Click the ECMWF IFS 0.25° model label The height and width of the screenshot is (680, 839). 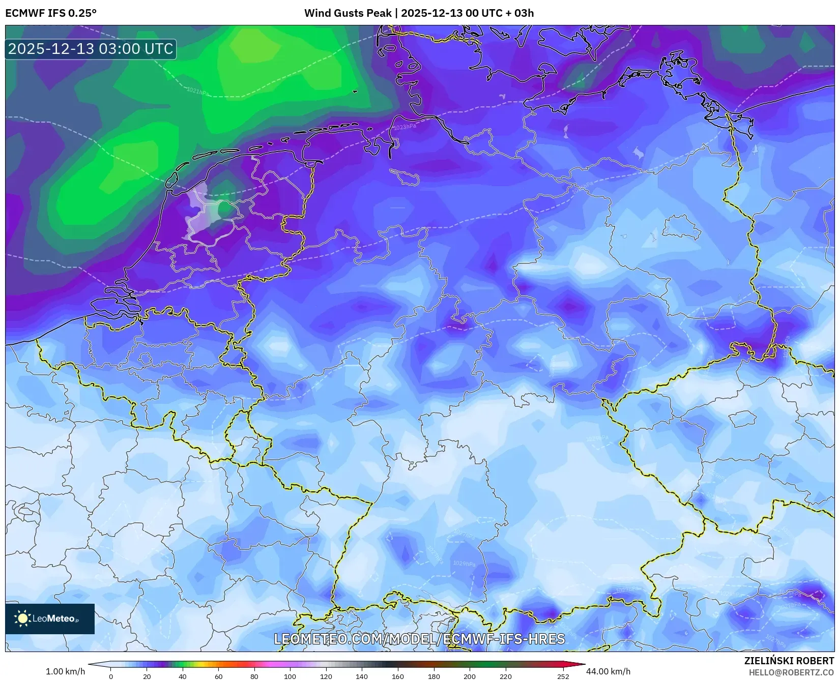click(x=50, y=13)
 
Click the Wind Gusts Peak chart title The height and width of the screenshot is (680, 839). click(x=419, y=13)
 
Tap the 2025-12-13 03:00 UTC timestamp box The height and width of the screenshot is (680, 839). click(x=91, y=49)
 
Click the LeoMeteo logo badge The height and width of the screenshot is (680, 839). click(x=50, y=618)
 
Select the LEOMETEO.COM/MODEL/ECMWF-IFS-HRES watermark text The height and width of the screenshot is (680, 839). click(x=419, y=639)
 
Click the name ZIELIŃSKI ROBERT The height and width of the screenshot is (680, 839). click(x=789, y=661)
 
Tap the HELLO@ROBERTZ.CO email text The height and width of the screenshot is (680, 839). click(x=791, y=672)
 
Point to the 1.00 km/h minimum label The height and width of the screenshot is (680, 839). click(x=65, y=671)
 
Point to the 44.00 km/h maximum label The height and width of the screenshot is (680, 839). click(x=608, y=671)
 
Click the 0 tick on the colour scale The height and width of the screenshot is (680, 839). click(x=111, y=676)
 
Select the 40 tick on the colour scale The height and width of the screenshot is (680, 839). click(x=183, y=676)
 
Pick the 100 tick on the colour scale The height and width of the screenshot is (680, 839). click(x=290, y=676)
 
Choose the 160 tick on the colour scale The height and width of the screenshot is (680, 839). click(x=398, y=676)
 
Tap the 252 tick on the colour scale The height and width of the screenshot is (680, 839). click(x=563, y=676)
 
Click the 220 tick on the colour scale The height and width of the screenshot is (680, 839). click(x=505, y=676)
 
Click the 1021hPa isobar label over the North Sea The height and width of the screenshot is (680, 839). click(x=197, y=92)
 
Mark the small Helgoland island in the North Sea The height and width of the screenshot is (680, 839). click(x=355, y=92)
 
